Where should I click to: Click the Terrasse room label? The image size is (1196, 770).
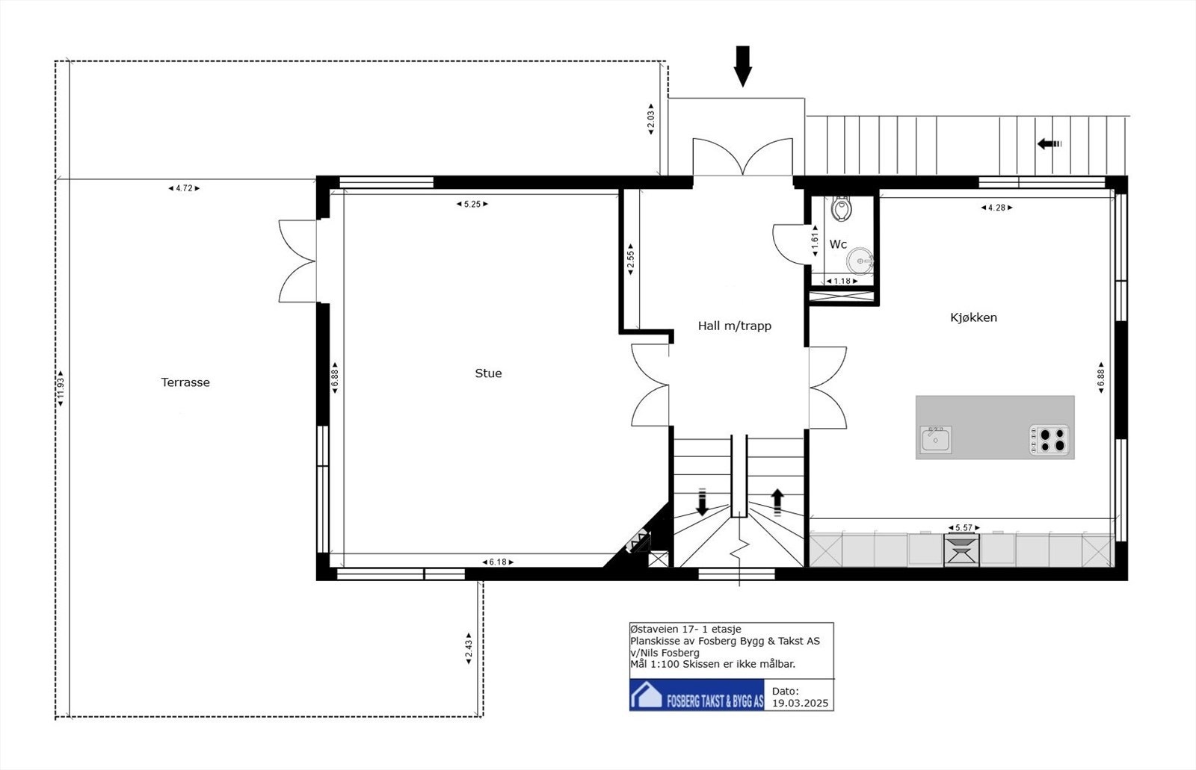point(185,382)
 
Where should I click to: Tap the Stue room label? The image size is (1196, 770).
point(488,373)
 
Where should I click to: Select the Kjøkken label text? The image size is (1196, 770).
point(973,317)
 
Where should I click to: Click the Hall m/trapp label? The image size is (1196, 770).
point(734,326)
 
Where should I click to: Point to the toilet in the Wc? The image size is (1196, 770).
point(842,209)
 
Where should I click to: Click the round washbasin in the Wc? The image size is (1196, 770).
point(860,261)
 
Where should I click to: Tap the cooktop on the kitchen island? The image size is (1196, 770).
point(1049,440)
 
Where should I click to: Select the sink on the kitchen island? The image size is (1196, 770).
point(935,439)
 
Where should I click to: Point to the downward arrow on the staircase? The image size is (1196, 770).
point(702,502)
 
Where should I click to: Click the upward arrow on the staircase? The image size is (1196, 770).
point(777,502)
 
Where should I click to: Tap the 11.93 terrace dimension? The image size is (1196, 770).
point(61,391)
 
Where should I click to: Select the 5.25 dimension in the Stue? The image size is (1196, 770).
point(472,204)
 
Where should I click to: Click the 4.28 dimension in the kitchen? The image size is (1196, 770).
point(996,208)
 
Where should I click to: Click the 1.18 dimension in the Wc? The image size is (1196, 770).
point(842,282)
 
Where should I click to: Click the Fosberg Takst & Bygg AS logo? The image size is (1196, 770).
point(697,695)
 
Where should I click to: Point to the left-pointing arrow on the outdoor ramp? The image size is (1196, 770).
point(1049,144)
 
